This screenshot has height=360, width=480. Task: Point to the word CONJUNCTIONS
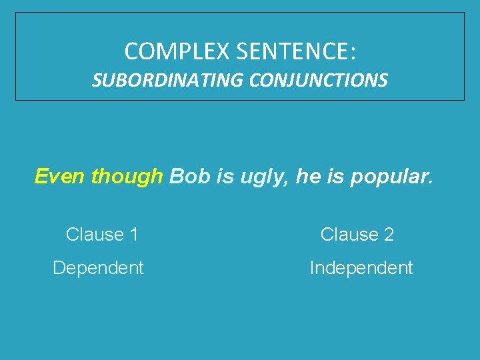coord(319,81)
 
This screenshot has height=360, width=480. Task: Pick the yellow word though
coord(127,177)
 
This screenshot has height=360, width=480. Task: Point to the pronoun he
coord(306,177)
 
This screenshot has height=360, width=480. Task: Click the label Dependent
coord(98,268)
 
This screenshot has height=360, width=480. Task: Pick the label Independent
coord(361,268)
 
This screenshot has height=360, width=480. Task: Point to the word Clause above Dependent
coord(95,235)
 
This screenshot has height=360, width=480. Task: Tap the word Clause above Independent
coord(349,235)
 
